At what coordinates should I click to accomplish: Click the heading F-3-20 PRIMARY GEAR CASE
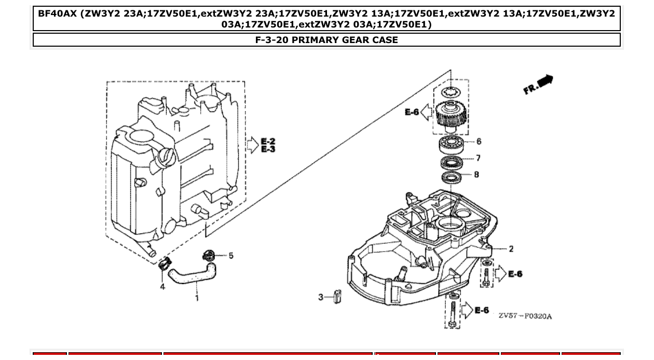pyautogui.click(x=326, y=40)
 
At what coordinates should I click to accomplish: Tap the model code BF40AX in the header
pyautogui.click(x=57, y=13)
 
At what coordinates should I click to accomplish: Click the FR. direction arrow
pyautogui.click(x=539, y=84)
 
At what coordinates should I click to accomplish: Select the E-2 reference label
pyautogui.click(x=268, y=141)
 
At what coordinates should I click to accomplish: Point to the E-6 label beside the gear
pyautogui.click(x=412, y=112)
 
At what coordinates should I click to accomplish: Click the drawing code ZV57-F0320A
pyautogui.click(x=525, y=316)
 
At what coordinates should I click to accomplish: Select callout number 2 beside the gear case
pyautogui.click(x=511, y=249)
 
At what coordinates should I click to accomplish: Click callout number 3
pyautogui.click(x=321, y=297)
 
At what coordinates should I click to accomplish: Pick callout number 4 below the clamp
pyautogui.click(x=162, y=286)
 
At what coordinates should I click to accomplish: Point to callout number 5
pyautogui.click(x=231, y=255)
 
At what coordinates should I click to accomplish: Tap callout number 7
pyautogui.click(x=478, y=158)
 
